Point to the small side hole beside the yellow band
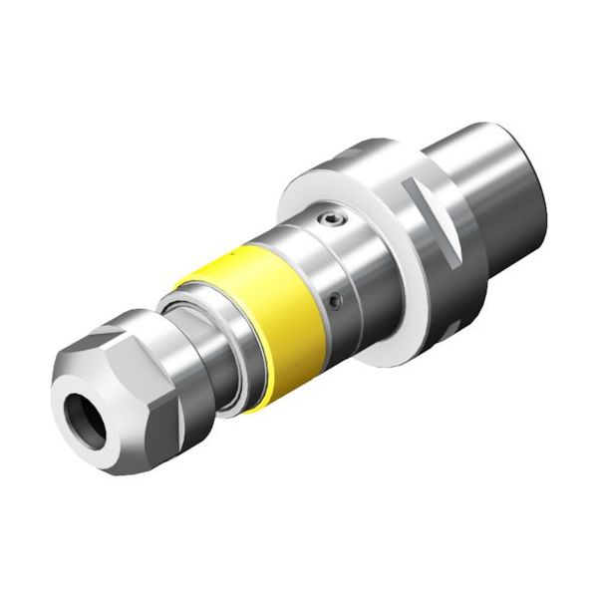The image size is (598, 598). [335, 296]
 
